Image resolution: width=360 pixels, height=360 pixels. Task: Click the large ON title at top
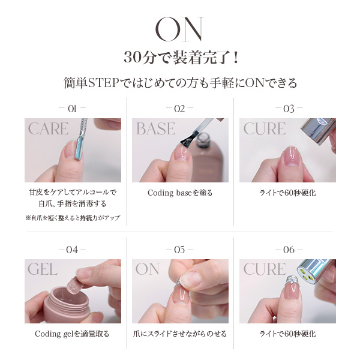click(179, 28)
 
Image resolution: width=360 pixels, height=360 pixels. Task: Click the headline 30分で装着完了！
click(179, 58)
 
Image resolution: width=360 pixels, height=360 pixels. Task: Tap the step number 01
click(73, 109)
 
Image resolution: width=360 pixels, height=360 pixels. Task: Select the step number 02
click(179, 109)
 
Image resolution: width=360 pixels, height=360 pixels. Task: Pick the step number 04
click(73, 250)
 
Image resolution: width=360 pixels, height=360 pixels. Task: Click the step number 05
click(179, 250)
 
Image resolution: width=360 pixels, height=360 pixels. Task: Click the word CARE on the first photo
click(48, 128)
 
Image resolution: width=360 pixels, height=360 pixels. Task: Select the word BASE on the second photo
click(155, 128)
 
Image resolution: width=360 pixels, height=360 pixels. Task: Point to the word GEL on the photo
click(43, 269)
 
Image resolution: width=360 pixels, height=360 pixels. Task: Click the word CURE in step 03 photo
click(264, 128)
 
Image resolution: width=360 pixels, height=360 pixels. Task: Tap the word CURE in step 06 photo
click(264, 269)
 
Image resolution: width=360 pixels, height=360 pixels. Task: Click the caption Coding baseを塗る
click(180, 193)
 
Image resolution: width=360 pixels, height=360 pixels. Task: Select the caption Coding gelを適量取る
click(72, 334)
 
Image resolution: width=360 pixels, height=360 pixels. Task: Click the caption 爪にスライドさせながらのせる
click(180, 334)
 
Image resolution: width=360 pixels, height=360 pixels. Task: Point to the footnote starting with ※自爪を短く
click(73, 218)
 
